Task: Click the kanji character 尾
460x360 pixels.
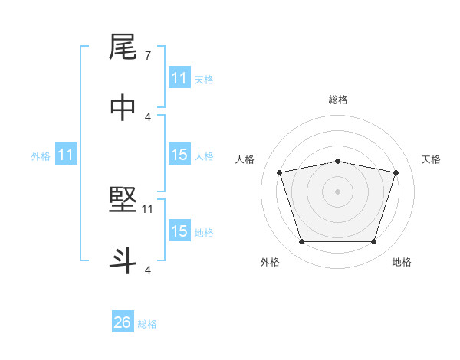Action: (123, 48)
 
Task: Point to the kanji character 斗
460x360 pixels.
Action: (123, 260)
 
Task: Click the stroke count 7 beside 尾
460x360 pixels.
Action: (147, 56)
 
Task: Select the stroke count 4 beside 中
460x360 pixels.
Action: (147, 116)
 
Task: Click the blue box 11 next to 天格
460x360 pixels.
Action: (179, 78)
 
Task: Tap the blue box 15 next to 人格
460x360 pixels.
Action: (179, 155)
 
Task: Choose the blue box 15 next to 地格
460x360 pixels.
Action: (179, 231)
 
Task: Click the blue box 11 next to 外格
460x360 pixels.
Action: (66, 155)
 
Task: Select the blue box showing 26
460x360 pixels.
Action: (123, 322)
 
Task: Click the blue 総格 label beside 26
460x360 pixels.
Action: (148, 324)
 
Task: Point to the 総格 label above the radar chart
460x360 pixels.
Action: (338, 100)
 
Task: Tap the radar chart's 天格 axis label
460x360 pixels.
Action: (431, 159)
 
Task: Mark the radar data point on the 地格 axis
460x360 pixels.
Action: (373, 242)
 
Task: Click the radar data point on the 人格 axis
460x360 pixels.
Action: (279, 172)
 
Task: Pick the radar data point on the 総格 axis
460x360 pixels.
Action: (338, 161)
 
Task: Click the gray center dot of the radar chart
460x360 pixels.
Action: (338, 191)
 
